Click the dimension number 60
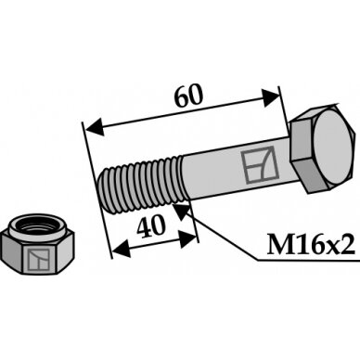pos(188,95)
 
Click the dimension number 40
pos(151,226)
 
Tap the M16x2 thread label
pos(311,244)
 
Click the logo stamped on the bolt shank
pos(258,164)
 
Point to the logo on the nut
pos(39,259)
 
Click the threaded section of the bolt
pos(141,185)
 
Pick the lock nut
pos(37,245)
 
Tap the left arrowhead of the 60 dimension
pos(95,127)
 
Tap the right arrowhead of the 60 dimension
pos(270,97)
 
